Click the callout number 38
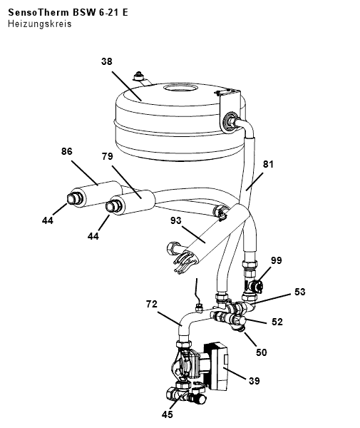(107, 61)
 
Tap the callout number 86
(67, 151)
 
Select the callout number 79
(108, 156)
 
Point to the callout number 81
(268, 164)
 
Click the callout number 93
(176, 220)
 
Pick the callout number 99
(277, 260)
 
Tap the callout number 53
(300, 292)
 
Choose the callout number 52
(277, 322)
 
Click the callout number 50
(262, 352)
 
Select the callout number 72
(152, 304)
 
